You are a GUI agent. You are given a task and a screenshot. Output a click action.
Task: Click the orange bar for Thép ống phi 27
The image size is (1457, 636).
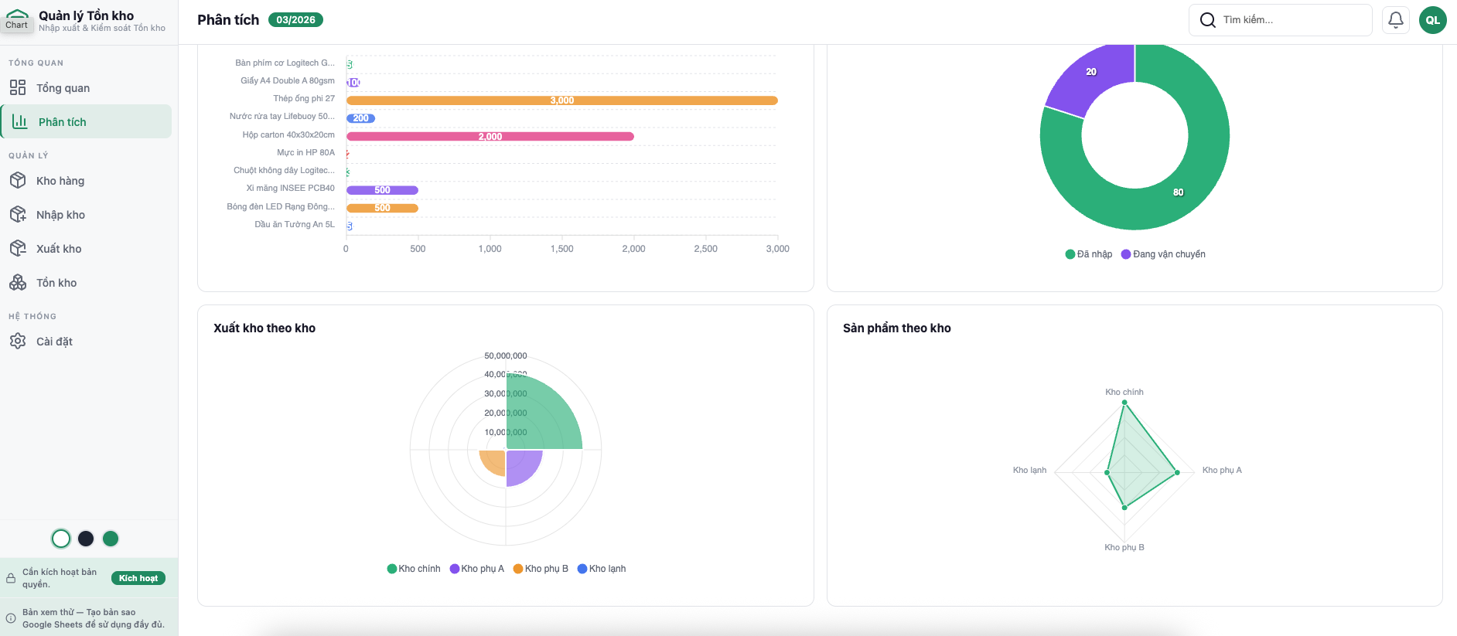pos(561,100)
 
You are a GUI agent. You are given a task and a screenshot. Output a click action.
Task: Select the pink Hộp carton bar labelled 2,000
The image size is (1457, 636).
pos(490,137)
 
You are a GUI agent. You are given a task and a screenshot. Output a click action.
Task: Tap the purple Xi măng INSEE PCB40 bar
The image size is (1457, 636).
pos(382,190)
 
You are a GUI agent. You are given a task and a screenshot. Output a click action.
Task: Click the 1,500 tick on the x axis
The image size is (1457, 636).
pos(561,249)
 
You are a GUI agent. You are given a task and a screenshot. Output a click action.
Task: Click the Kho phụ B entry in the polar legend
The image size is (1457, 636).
pos(541,569)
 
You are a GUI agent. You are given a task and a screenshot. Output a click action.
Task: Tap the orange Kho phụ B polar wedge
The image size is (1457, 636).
pos(493,462)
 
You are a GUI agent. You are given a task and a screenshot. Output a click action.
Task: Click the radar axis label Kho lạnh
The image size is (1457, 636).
pos(1029,470)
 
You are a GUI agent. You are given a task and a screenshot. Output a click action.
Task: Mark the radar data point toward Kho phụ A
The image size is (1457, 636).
pos(1177,472)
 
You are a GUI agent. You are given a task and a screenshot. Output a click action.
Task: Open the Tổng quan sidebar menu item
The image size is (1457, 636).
pos(63,88)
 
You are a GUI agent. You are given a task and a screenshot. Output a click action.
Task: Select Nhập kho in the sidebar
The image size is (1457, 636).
pos(60,215)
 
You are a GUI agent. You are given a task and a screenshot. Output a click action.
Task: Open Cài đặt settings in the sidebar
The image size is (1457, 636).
pos(54,342)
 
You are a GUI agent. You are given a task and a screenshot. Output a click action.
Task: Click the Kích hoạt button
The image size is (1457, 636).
pos(138,578)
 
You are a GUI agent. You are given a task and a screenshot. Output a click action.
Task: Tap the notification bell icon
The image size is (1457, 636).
pos(1395,20)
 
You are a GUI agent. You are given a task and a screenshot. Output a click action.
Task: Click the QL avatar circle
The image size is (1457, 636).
pos(1432,20)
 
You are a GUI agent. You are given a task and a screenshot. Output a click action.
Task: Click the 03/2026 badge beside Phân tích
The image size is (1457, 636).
pos(295,20)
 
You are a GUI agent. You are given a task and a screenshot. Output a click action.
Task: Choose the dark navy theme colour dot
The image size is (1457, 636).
pos(86,539)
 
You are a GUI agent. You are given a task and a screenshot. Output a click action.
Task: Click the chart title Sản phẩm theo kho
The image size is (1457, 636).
pos(896,328)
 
